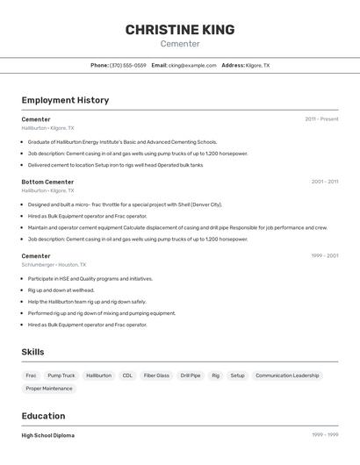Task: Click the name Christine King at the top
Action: coord(180,30)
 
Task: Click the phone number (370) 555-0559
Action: coord(128,65)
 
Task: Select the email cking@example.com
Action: coord(192,65)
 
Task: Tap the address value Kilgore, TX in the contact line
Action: coord(257,65)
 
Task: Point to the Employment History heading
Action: coord(65,100)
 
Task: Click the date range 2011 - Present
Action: coord(321,119)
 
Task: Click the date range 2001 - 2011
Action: coord(324,182)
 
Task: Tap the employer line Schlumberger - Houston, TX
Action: coord(54,264)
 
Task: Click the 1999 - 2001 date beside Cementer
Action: coord(324,256)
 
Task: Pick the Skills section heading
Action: coord(33,352)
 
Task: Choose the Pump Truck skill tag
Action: coord(61,376)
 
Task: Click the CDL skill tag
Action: coord(127,376)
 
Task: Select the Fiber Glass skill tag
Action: coord(156,376)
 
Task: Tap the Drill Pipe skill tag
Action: coord(191,376)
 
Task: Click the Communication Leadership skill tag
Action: coord(287,376)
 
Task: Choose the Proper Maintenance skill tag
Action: coord(49,389)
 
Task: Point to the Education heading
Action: coord(43,416)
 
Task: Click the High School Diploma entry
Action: coord(48,435)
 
